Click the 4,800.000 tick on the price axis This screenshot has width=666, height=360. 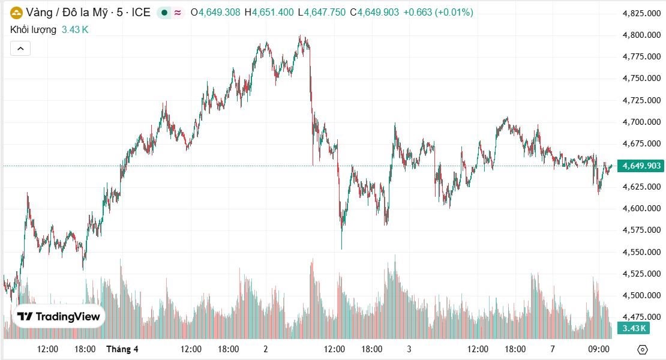coord(642,35)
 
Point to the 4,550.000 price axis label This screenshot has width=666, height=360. coord(642,252)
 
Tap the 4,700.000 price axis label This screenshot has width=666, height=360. coord(642,122)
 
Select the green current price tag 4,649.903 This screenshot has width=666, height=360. coord(642,166)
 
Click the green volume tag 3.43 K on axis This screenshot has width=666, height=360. coord(634,328)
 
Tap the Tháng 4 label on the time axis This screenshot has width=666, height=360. coord(122,349)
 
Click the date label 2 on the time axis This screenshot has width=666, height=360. coord(265,349)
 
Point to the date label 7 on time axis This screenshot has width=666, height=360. coord(552,349)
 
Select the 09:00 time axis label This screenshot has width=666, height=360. coord(599,349)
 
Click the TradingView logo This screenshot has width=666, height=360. coord(59,317)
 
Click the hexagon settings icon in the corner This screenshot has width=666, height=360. coord(643,349)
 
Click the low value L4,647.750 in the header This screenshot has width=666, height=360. coord(325,12)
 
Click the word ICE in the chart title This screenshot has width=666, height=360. coord(141,12)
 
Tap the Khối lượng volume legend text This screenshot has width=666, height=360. coord(34,29)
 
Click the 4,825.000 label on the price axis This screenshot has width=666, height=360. coord(642,13)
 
